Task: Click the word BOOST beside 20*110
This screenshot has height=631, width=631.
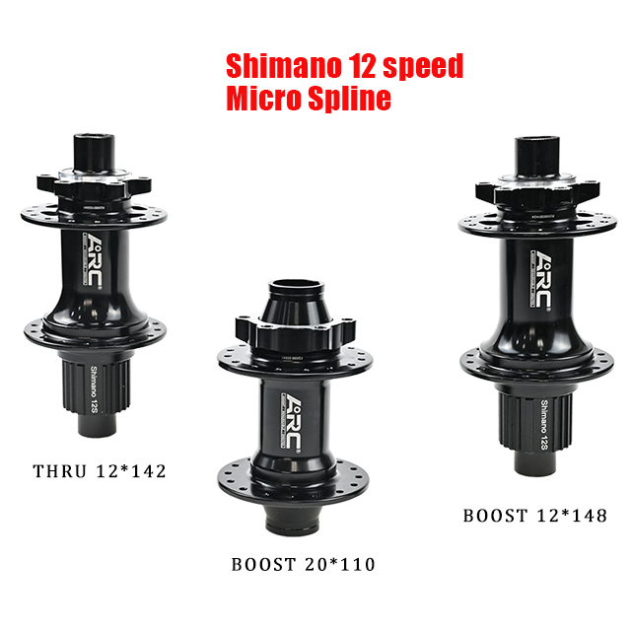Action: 263,565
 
